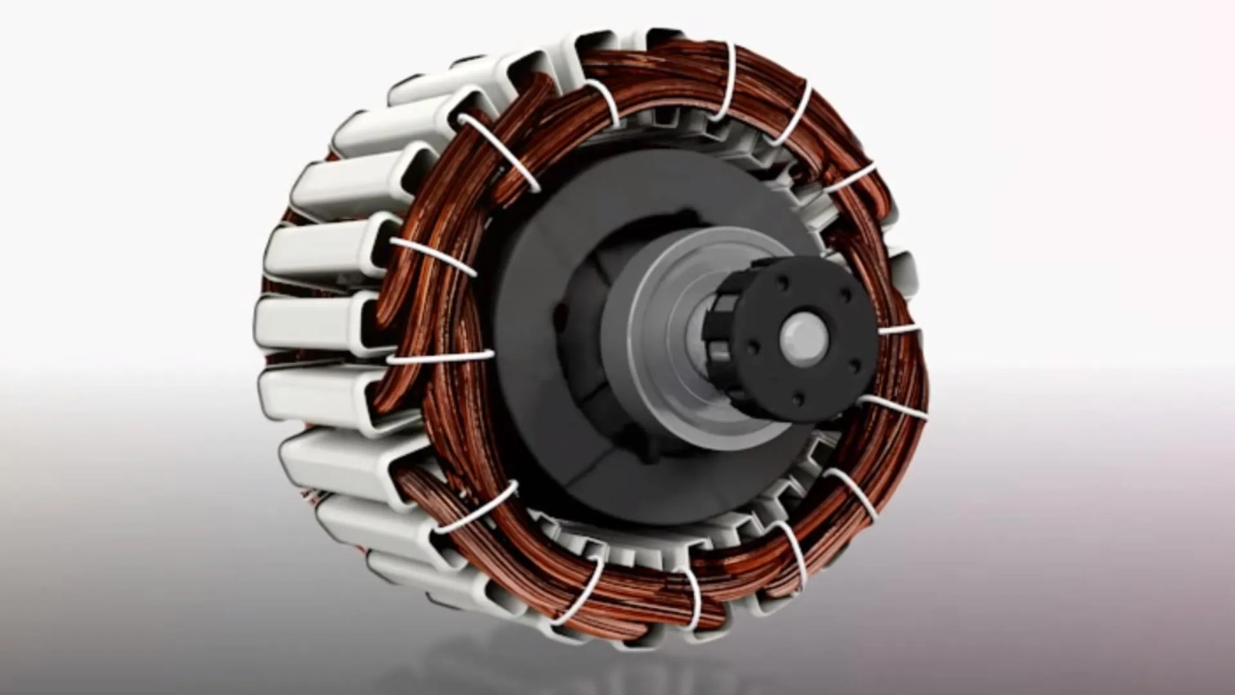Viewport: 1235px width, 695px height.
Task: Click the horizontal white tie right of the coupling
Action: click(899, 330)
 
